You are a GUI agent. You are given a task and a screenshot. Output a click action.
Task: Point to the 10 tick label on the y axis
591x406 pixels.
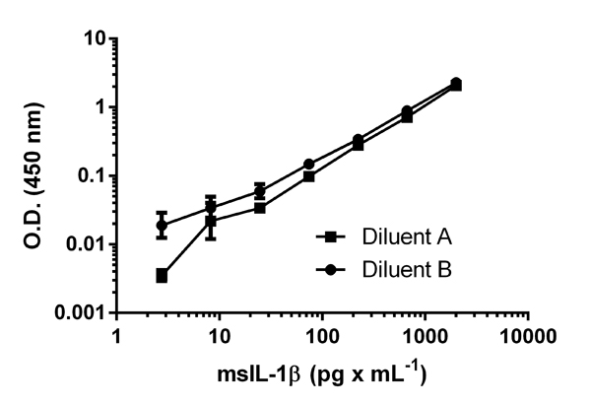[93, 38]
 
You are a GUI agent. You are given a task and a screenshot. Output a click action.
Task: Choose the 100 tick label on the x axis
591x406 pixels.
[322, 336]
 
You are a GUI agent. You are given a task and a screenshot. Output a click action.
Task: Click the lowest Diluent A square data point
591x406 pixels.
[162, 276]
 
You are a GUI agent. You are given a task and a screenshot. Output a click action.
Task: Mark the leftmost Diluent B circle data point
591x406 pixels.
[162, 225]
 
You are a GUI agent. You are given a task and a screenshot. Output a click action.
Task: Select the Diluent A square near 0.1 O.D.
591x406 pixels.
[308, 176]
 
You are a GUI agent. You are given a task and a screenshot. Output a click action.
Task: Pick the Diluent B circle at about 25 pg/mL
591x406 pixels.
[259, 190]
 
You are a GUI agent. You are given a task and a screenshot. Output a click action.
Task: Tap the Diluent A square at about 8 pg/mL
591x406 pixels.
[211, 221]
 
